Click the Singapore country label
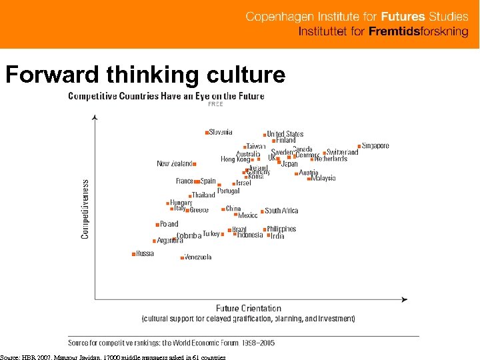375,146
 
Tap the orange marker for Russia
134,253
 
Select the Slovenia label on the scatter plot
221,132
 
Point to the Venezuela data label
198,257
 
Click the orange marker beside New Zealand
194,164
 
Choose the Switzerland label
342,152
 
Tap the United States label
285,134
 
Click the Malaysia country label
323,178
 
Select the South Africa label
281,211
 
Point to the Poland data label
169,224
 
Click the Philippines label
281,229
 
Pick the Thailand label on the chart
203,195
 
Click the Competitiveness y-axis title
85,209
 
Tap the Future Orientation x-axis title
249,308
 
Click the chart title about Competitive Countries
166,96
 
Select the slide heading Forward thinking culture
145,75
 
